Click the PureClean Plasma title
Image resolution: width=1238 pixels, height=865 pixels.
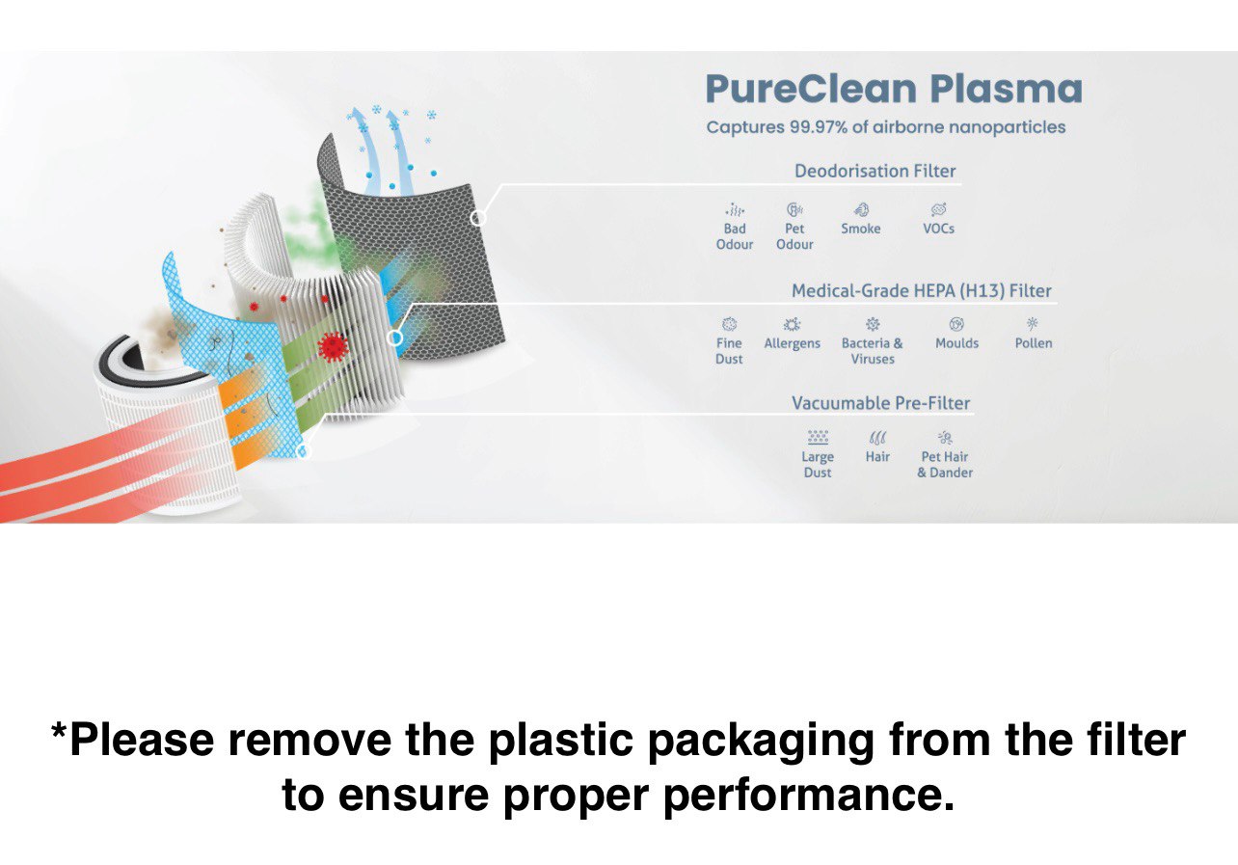(x=894, y=89)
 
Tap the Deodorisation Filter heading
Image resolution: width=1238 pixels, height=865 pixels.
(x=875, y=171)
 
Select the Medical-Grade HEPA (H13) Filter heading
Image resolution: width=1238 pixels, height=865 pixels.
(x=922, y=290)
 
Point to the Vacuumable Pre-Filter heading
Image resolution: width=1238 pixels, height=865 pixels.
(x=880, y=403)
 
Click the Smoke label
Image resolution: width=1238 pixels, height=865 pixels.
(x=860, y=229)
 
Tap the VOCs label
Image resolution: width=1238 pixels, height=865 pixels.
(x=938, y=229)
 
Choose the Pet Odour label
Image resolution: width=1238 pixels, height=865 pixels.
(x=794, y=236)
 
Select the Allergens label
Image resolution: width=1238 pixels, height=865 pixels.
(x=792, y=343)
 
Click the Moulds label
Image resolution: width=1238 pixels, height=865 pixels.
(x=956, y=342)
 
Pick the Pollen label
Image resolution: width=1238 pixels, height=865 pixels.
(x=1034, y=342)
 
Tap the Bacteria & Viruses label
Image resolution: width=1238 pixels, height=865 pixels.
(x=873, y=351)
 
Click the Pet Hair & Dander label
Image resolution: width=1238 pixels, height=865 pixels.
(x=945, y=464)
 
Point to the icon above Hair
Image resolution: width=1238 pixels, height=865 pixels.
(x=877, y=438)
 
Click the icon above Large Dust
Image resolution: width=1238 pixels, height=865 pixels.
(x=818, y=437)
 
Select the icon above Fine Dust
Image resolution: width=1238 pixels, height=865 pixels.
(x=730, y=324)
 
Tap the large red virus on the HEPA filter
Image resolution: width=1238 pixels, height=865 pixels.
(x=333, y=347)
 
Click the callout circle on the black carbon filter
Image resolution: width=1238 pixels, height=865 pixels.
(x=478, y=218)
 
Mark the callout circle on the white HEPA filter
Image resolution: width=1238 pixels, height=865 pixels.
(x=394, y=338)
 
